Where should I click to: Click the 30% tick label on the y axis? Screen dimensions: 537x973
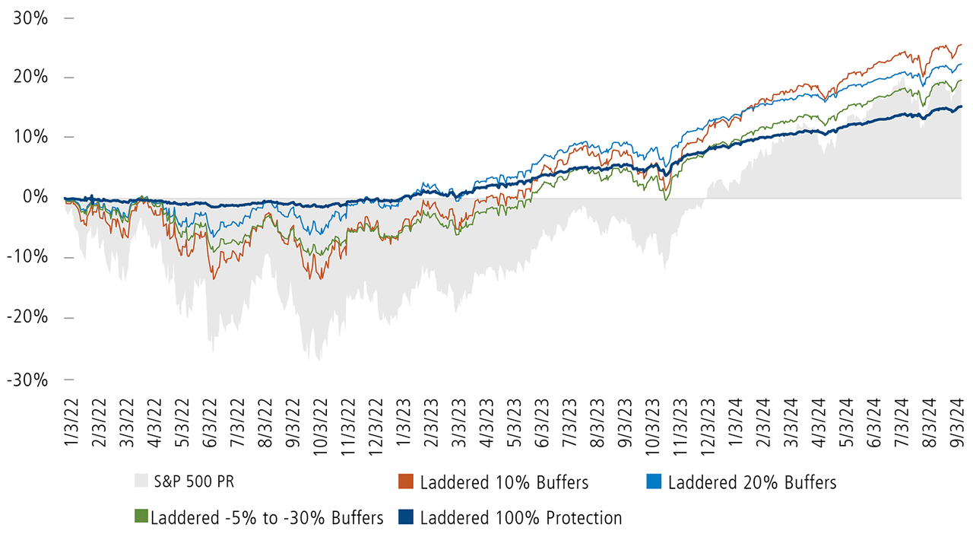point(30,17)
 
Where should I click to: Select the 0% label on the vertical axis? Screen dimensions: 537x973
point(35,198)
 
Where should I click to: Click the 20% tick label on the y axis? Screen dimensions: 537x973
point(30,78)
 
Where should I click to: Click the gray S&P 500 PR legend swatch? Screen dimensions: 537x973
point(141,482)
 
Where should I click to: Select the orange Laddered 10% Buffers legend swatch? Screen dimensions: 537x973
point(406,482)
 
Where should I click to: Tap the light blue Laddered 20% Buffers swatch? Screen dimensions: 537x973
point(654,482)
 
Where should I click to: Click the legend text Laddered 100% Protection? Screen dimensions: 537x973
point(521,519)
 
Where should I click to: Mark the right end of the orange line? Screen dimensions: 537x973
point(961,45)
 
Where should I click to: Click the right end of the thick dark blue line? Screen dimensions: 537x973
point(961,106)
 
